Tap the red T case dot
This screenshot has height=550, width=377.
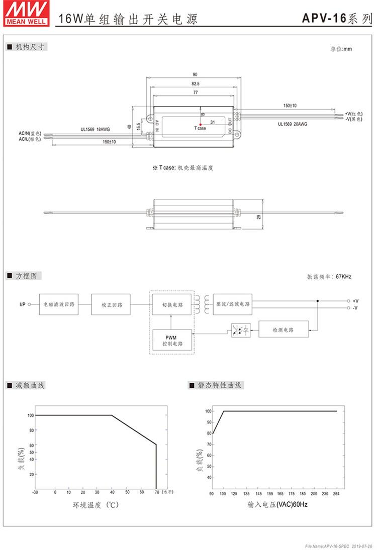pos(201,123)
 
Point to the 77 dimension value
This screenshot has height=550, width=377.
pos(195,93)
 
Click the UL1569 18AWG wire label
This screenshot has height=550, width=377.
pos(95,129)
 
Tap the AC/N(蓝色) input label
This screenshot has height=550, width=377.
pos(30,133)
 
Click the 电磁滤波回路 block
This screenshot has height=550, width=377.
pos(59,304)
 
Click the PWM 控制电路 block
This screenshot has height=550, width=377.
pos(172,340)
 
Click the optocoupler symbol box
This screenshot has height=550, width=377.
pos(241,330)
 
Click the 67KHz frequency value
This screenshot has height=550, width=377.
pos(343,277)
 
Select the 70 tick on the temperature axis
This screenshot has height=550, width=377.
pos(156,492)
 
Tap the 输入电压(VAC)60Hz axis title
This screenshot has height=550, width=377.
pos(277,504)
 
